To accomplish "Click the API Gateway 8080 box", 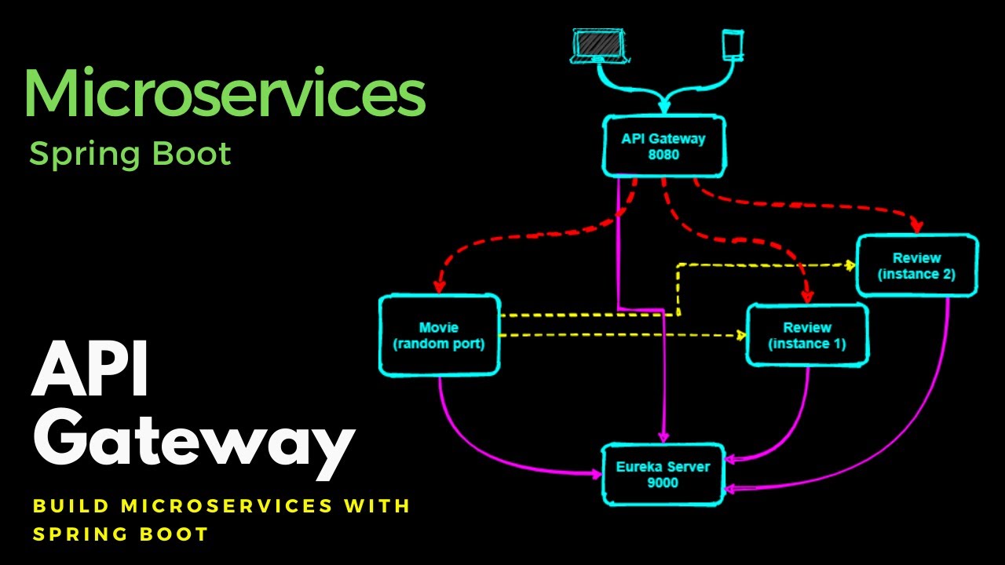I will (663, 147).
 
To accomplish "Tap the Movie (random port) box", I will (438, 335).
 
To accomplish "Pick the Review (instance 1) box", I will (807, 335).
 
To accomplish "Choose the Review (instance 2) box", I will (917, 265).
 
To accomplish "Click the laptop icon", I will (599, 47).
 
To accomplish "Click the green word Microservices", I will (225, 93).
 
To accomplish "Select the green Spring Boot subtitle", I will (130, 154).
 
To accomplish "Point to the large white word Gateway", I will (192, 443).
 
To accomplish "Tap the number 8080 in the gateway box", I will (663, 155).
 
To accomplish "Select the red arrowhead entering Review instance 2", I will (915, 227).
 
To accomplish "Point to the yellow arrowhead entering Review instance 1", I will (740, 336).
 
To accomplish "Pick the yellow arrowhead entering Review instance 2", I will (850, 264).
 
